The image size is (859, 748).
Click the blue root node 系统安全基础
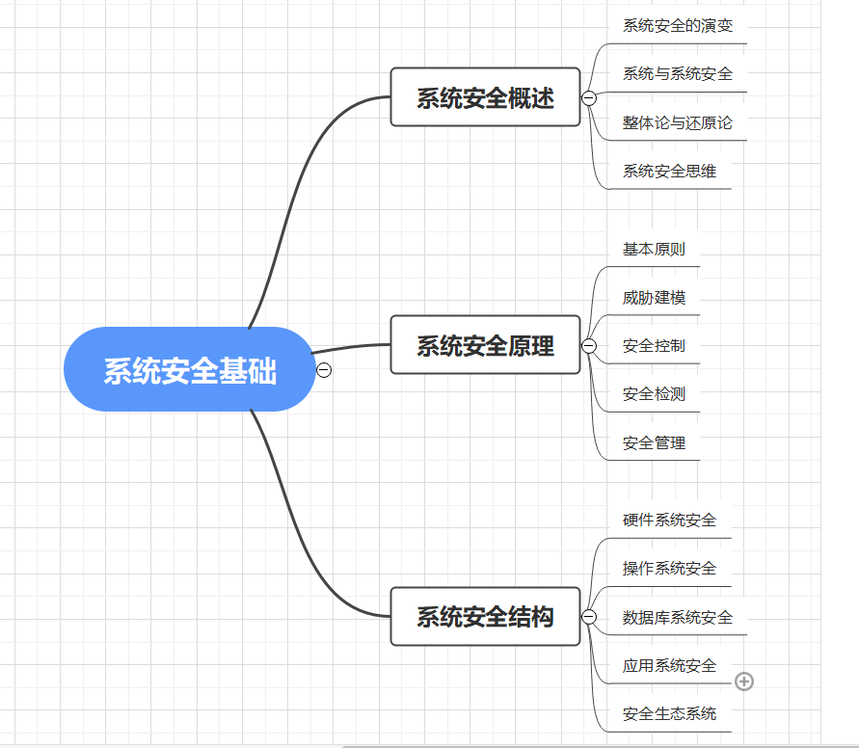tap(189, 370)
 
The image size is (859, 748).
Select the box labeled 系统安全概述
tap(485, 97)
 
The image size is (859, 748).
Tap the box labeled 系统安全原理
tap(485, 345)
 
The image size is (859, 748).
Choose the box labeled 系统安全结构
tap(485, 617)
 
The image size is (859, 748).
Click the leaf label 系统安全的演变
tap(678, 26)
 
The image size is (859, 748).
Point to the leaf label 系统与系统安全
tap(678, 74)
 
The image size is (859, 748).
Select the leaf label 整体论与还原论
tap(678, 123)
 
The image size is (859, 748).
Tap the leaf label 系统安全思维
tap(669, 172)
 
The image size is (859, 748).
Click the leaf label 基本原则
tap(654, 249)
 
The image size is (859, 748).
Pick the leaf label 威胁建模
tap(654, 298)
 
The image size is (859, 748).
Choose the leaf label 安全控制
tap(654, 346)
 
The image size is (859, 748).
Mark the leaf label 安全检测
tap(654, 394)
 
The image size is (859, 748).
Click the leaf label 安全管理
tap(654, 443)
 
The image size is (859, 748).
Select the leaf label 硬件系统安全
tap(669, 521)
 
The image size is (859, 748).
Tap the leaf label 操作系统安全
tap(669, 569)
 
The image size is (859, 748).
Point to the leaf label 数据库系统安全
tap(678, 618)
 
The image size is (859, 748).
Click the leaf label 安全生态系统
tap(669, 714)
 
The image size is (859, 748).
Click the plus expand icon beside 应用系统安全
tap(744, 681)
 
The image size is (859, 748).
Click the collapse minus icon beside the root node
tap(324, 370)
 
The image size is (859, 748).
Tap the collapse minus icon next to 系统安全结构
tap(589, 617)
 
